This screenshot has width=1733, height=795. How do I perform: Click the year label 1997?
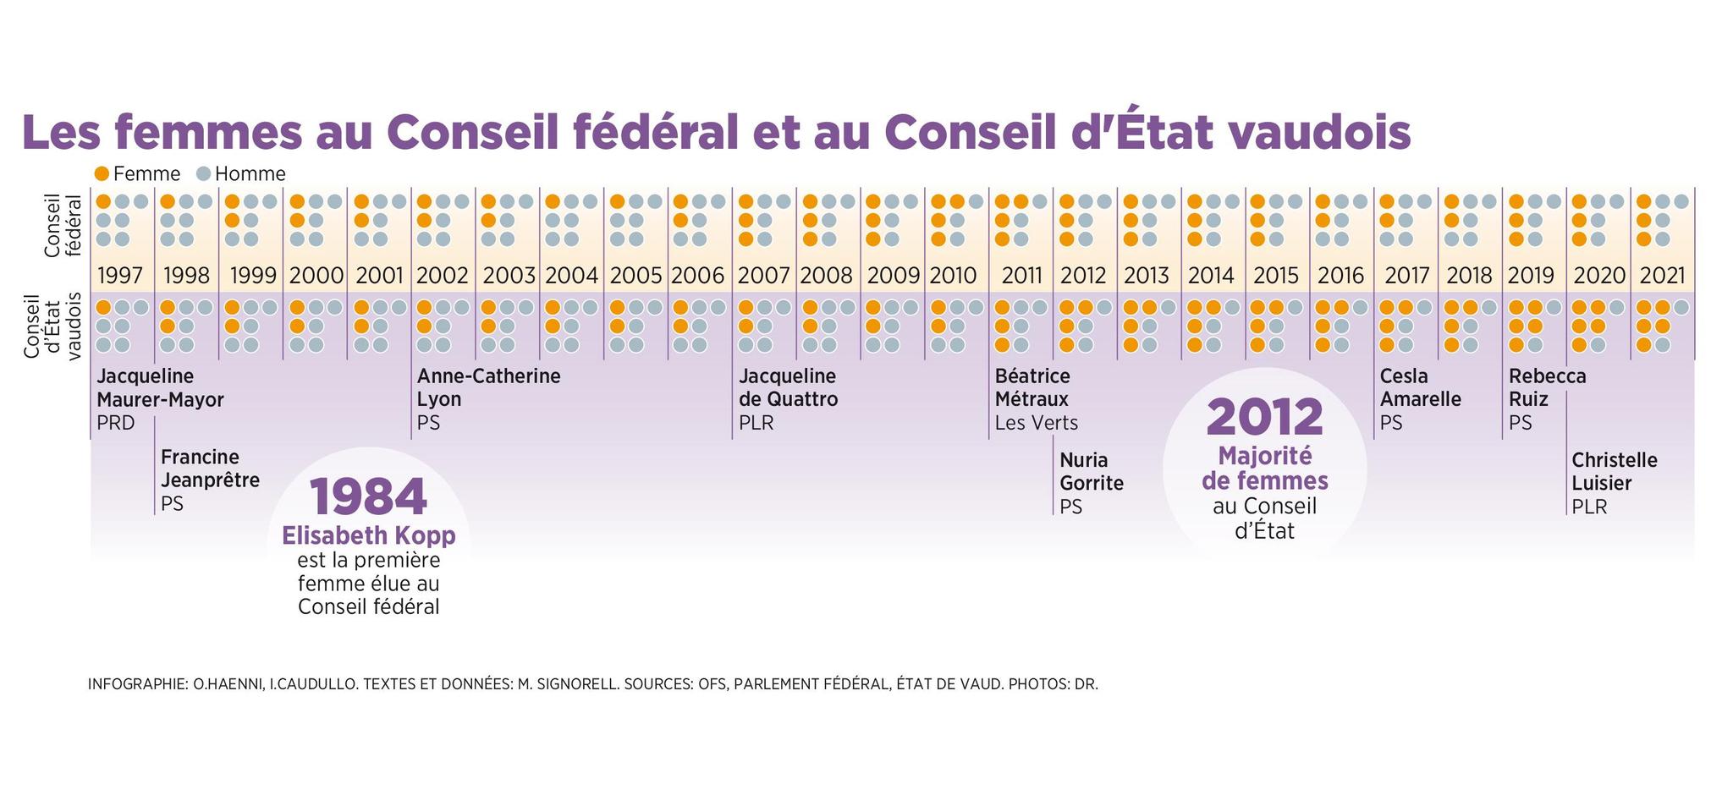pyautogui.click(x=120, y=276)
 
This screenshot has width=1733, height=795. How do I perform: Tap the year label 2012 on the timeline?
pyautogui.click(x=1083, y=276)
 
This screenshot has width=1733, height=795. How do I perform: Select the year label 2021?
pyautogui.click(x=1662, y=276)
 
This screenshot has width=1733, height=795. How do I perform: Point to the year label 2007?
pyautogui.click(x=763, y=276)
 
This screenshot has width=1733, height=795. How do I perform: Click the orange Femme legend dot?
pyautogui.click(x=102, y=174)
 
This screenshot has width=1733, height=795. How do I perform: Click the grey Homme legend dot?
pyautogui.click(x=203, y=174)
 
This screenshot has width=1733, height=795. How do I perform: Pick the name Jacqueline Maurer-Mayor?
pyautogui.click(x=159, y=388)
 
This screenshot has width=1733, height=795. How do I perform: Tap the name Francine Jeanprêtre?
pyautogui.click(x=210, y=469)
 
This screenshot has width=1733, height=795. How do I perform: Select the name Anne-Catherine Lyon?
pyautogui.click(x=488, y=388)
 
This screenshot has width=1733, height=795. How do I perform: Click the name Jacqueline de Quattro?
pyautogui.click(x=788, y=388)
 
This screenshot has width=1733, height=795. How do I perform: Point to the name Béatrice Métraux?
pyautogui.click(x=1032, y=388)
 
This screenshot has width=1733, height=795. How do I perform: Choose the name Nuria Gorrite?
pyautogui.click(x=1092, y=472)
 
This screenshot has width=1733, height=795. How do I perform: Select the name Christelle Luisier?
pyautogui.click(x=1614, y=472)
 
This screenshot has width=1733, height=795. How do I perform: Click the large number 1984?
pyautogui.click(x=368, y=497)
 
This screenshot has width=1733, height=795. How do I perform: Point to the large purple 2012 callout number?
pyautogui.click(x=1264, y=417)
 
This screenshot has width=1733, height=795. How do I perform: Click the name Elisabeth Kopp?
pyautogui.click(x=368, y=536)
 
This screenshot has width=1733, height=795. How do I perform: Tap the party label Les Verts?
pyautogui.click(x=1036, y=423)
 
